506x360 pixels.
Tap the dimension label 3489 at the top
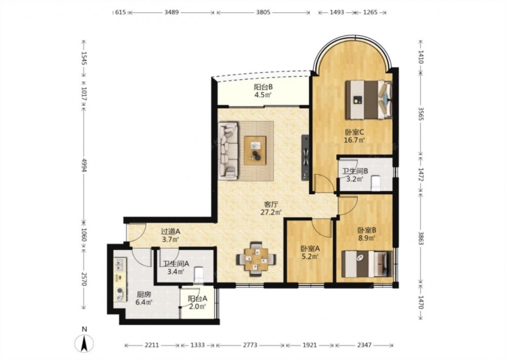(172, 13)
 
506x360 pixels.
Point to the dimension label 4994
(84, 165)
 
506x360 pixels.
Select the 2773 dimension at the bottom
(250, 345)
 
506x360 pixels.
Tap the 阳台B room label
(263, 87)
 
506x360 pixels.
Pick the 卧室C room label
(355, 132)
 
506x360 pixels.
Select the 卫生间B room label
(355, 171)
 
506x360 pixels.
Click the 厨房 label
(144, 295)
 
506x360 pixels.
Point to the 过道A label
(171, 231)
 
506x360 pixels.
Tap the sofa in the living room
(228, 150)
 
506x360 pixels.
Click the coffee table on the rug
(255, 150)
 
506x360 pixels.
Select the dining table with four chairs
(256, 259)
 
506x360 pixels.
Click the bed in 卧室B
(366, 264)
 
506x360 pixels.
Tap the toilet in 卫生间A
(199, 274)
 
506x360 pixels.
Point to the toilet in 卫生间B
(376, 183)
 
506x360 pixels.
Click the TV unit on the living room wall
(305, 157)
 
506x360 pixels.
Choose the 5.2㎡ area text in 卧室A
(310, 257)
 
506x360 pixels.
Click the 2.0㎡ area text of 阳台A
(197, 307)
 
